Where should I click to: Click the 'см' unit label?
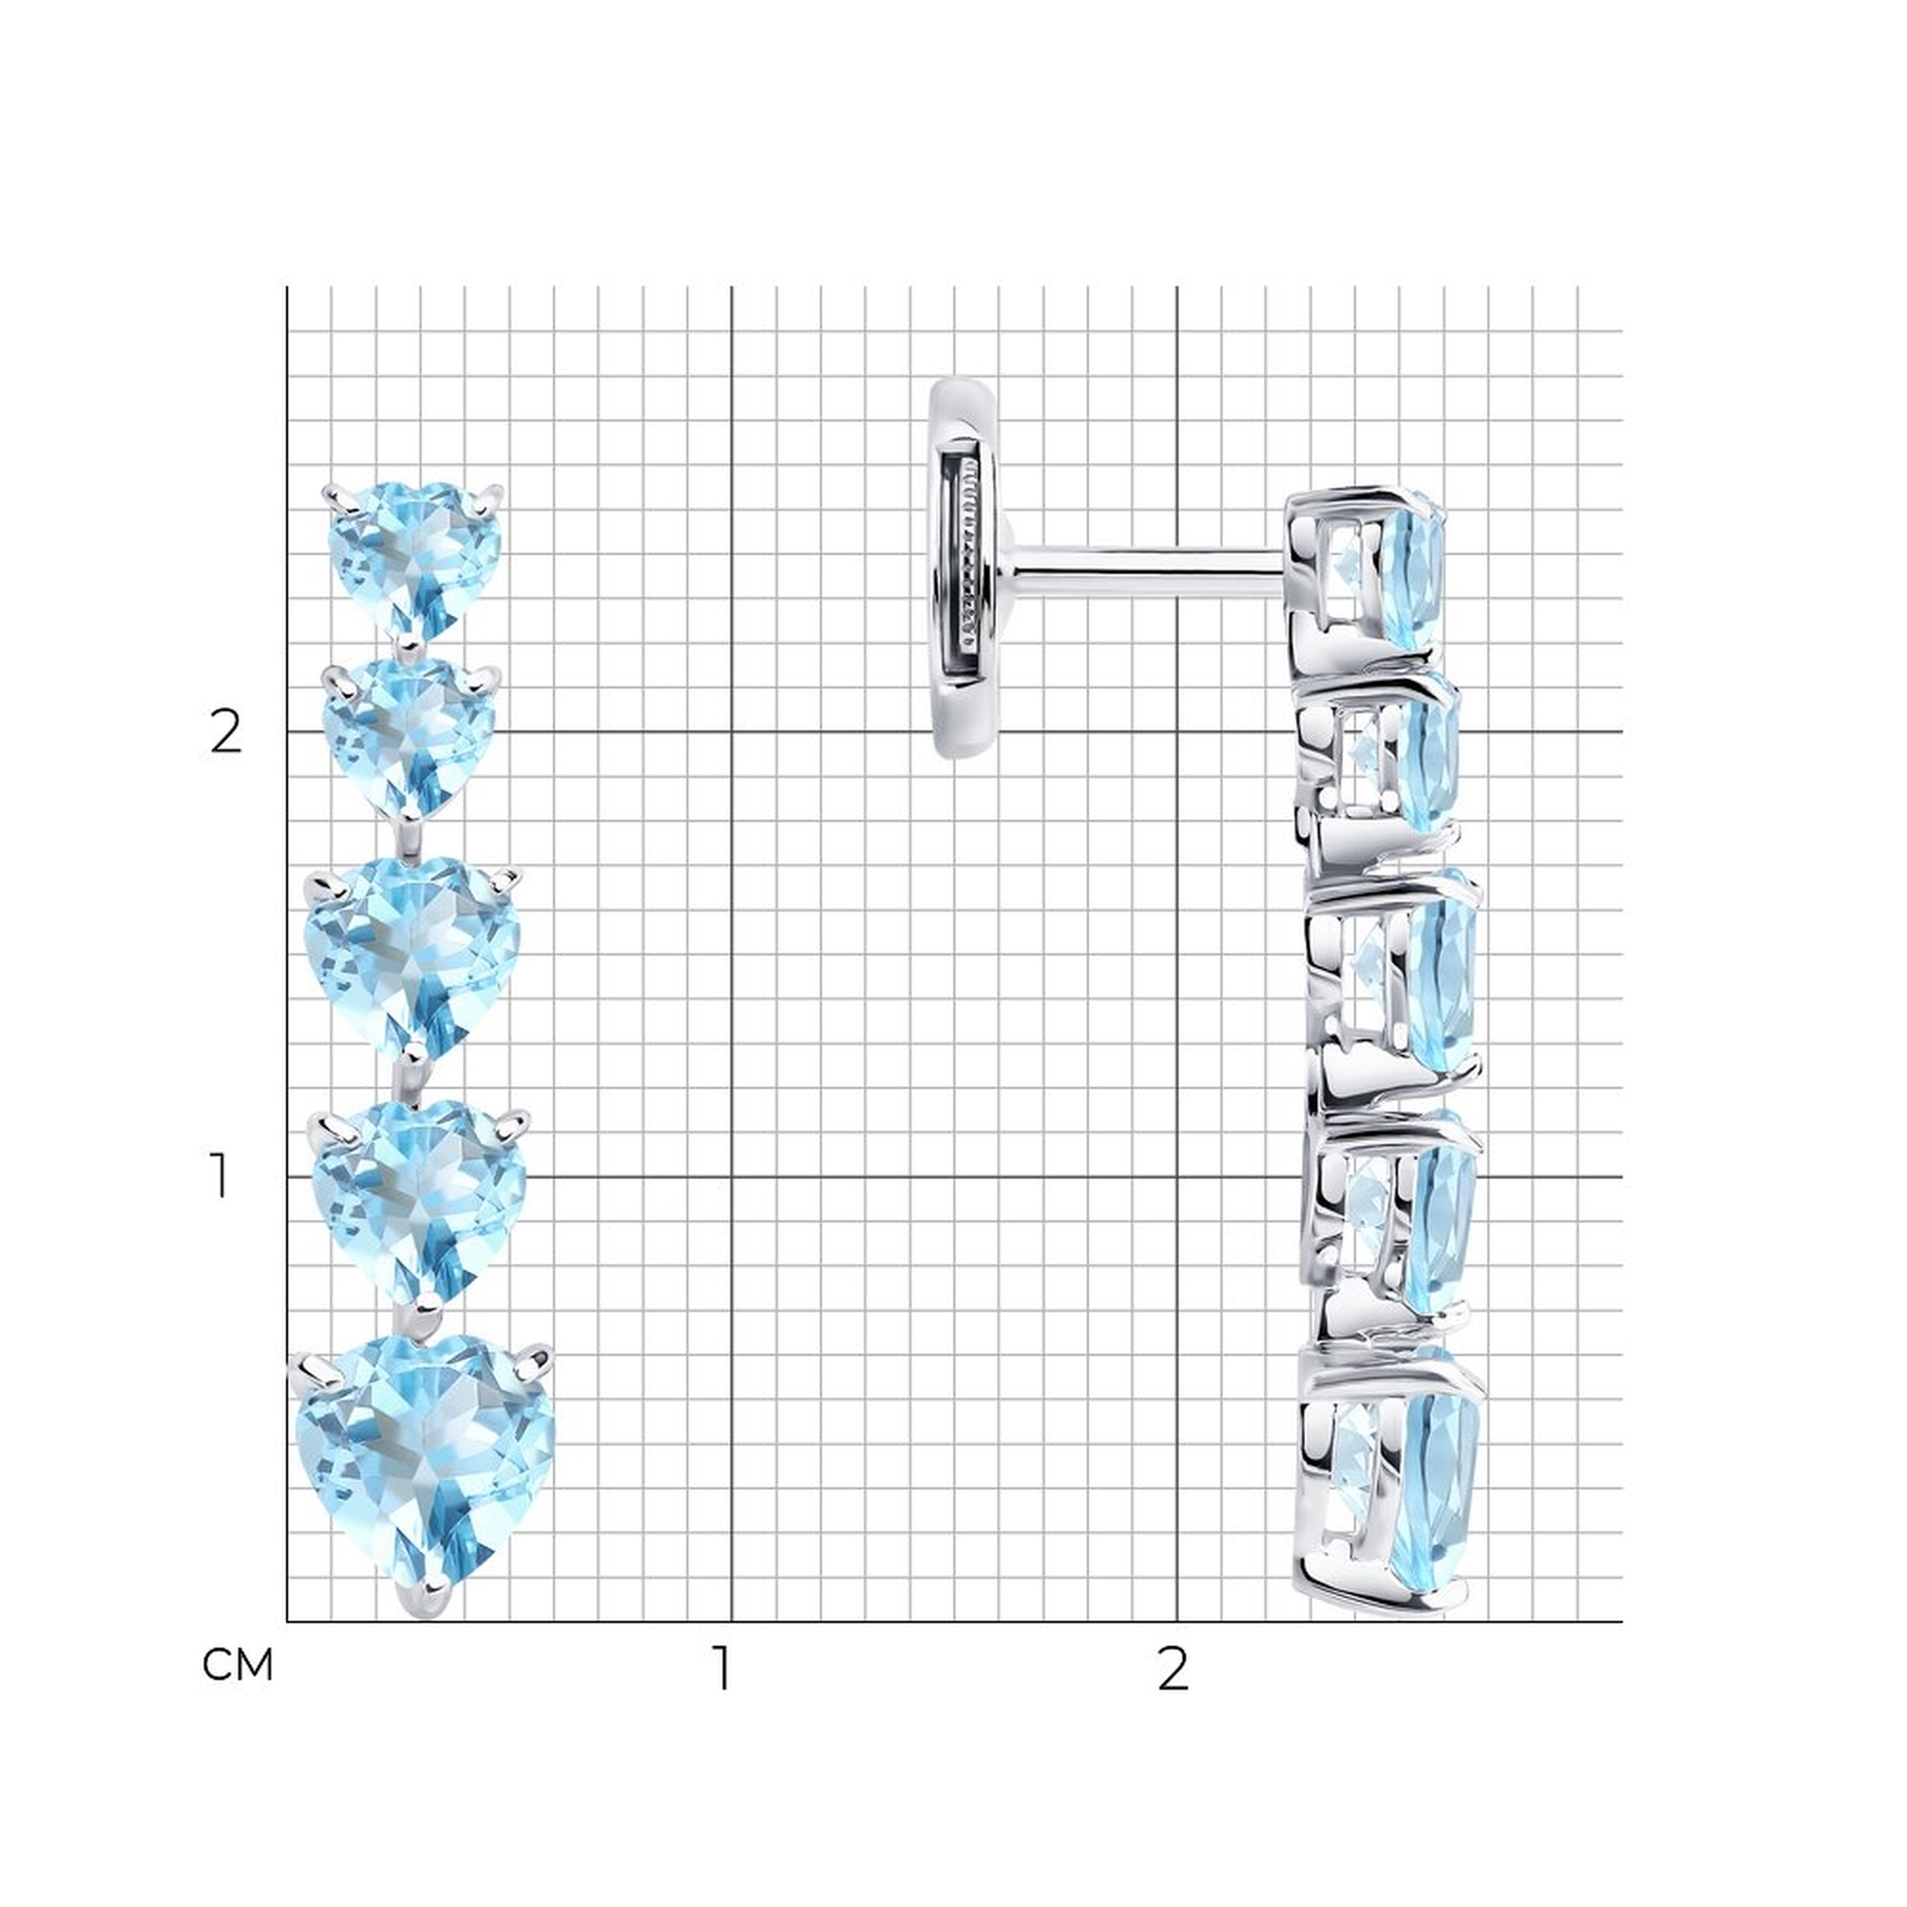click(x=236, y=1666)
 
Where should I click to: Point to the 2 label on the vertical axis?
click(x=226, y=732)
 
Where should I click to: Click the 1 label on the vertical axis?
click(x=220, y=1177)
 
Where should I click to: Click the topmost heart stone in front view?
click(x=415, y=560)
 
